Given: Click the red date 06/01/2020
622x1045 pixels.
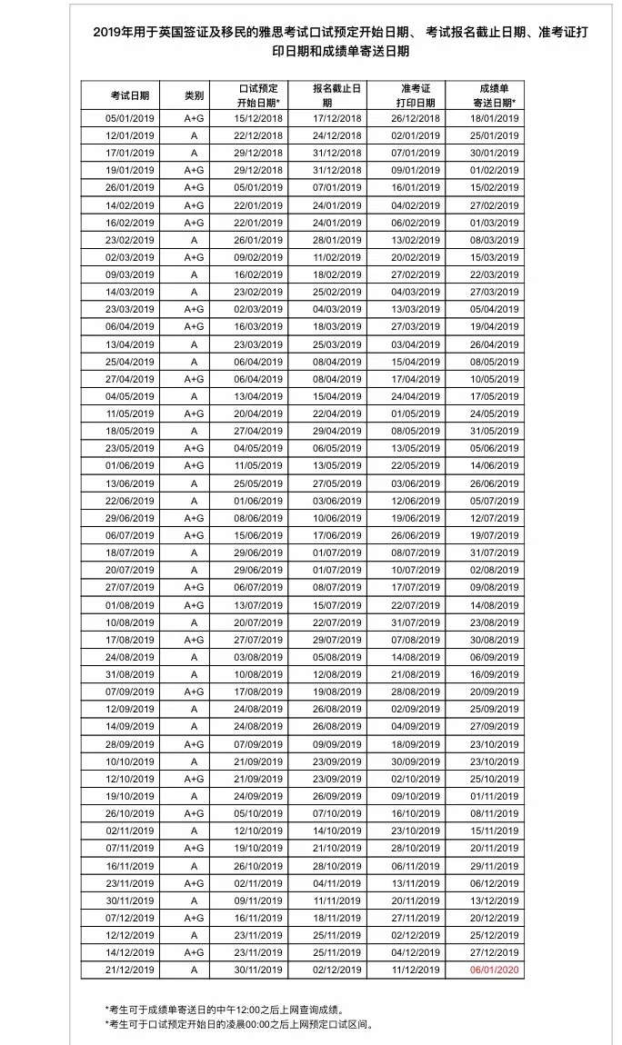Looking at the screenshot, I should [x=494, y=970].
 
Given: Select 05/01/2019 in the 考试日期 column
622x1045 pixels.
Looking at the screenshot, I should [x=130, y=118].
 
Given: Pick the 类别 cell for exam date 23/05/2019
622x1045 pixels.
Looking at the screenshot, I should [x=194, y=448].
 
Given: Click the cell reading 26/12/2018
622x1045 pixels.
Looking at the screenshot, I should [x=415, y=118].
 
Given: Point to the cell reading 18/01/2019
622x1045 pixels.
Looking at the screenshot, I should [x=494, y=118].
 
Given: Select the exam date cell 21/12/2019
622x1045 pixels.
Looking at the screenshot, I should [x=130, y=970].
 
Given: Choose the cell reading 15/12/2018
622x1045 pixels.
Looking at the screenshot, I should [x=258, y=118].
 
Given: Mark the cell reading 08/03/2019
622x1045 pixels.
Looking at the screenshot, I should [x=494, y=240].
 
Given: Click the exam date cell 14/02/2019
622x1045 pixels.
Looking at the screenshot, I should [x=130, y=205].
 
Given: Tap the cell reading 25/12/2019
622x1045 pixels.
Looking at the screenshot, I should [x=494, y=935].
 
